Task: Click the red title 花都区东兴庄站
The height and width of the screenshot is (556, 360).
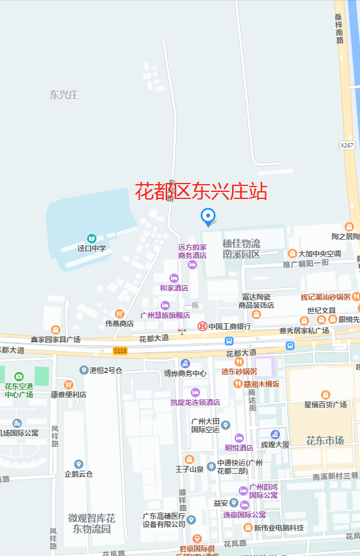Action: point(201,191)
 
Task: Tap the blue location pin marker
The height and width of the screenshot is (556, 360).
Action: point(208,217)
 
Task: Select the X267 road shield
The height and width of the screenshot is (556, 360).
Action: point(347,145)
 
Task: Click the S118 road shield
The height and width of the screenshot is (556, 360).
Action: point(120,351)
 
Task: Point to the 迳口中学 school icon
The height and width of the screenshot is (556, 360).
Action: point(92,238)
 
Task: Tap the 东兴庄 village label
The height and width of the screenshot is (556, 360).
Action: point(64,95)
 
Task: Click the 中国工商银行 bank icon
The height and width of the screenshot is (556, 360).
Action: point(202,326)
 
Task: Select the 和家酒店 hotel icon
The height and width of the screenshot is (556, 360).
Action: point(174,278)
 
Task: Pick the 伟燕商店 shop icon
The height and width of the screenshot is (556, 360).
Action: point(120,313)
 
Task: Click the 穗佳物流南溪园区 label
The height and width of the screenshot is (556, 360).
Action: point(241,249)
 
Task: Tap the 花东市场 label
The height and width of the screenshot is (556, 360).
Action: point(324,440)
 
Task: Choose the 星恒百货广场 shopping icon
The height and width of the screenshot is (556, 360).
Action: point(325,395)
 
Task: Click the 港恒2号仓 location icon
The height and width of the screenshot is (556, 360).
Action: point(84,370)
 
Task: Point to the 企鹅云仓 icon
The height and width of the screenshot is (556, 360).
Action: point(79,464)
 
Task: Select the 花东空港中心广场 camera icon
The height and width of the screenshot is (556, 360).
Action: point(19,376)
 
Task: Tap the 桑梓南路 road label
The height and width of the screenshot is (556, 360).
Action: point(339,28)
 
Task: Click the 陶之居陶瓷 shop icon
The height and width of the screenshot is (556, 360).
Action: point(349,226)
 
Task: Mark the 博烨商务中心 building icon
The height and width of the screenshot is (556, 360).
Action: point(185,363)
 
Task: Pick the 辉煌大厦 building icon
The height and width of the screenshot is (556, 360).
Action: point(275,435)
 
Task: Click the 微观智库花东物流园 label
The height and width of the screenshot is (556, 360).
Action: point(92,523)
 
